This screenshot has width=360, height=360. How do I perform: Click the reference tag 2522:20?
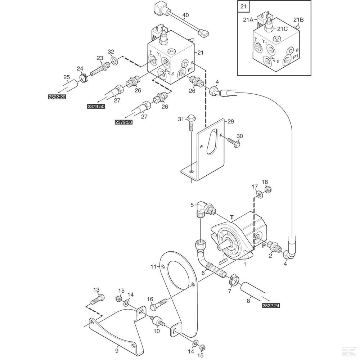pyautogui.click(x=57, y=97)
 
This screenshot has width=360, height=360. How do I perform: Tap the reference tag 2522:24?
pyautogui.click(x=271, y=305)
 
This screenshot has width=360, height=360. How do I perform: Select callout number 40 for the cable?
pyautogui.click(x=186, y=15)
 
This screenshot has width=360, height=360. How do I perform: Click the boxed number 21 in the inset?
pyautogui.click(x=243, y=6)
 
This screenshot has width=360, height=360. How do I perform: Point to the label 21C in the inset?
pyautogui.click(x=282, y=29)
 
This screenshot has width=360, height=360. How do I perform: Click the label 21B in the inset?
pyautogui.click(x=298, y=20)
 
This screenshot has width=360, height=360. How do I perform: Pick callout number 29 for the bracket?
pyautogui.click(x=230, y=121)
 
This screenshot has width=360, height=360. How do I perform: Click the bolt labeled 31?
pyautogui.click(x=191, y=123)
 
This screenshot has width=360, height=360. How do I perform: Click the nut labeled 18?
pyautogui.click(x=267, y=190)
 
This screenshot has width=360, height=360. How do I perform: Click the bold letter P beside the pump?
pyautogui.click(x=264, y=246)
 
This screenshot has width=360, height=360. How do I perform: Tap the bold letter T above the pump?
pyautogui.click(x=232, y=217)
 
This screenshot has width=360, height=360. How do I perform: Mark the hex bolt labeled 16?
pyautogui.click(x=159, y=304)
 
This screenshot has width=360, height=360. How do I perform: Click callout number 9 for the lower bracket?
pyautogui.click(x=117, y=351)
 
